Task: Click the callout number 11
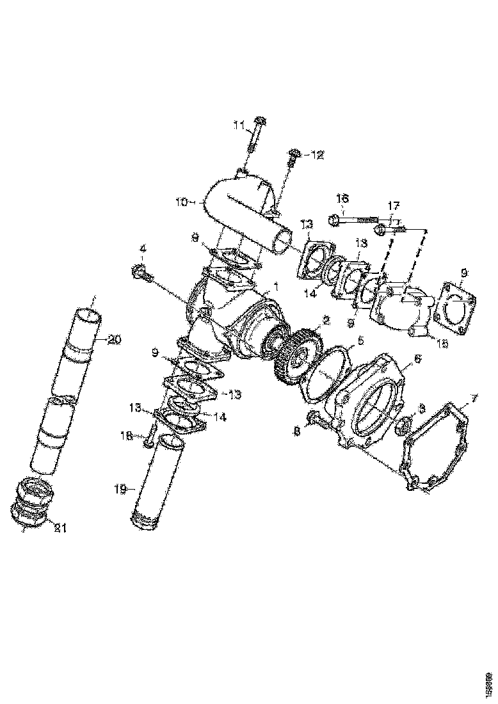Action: pos(239,126)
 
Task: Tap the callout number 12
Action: pos(317,154)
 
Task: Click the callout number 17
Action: pos(393,206)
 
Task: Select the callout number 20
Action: pos(113,340)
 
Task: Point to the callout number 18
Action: pos(127,435)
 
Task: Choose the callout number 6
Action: pos(417,360)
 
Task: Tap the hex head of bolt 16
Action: pos(334,221)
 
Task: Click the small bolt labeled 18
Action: pos(149,437)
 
